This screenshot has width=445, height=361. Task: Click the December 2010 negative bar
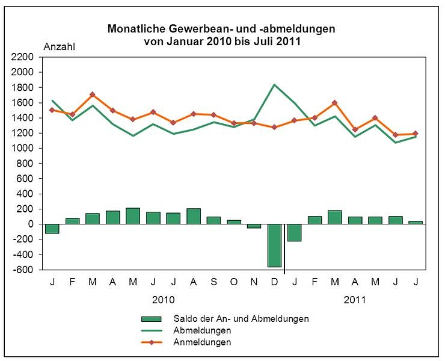(x=274, y=245)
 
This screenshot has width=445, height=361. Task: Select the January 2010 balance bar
(x=52, y=229)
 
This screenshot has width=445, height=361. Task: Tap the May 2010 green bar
(x=133, y=216)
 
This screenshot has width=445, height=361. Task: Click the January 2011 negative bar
(x=294, y=232)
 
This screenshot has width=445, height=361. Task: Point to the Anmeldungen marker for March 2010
(x=92, y=94)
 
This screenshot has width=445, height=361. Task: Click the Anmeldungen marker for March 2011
(x=335, y=103)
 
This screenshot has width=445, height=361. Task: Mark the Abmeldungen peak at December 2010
(x=274, y=85)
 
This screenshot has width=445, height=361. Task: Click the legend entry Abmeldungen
(x=202, y=330)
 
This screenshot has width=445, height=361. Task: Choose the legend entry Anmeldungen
(x=202, y=342)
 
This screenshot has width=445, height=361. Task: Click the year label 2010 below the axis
(x=164, y=299)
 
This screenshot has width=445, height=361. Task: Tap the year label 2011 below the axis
(x=355, y=299)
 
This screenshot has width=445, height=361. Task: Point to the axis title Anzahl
(x=59, y=46)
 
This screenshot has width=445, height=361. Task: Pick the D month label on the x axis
(x=274, y=282)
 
